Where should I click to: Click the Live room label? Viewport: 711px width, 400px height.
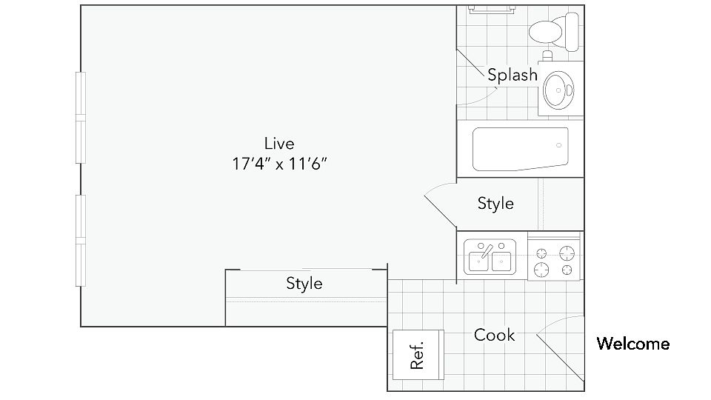279,144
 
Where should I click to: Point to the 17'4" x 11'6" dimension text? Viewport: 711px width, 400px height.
279,164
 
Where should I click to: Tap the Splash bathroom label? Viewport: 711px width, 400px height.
512,75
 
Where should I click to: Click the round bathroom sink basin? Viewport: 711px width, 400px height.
556,91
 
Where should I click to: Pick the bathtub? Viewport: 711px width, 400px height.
520,148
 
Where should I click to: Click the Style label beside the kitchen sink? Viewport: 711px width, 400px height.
495,203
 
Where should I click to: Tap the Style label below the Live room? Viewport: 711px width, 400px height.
304,283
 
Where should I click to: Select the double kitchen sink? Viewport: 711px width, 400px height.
490,257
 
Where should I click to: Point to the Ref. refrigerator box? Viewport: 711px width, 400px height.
417,355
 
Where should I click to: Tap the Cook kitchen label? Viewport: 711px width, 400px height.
494,336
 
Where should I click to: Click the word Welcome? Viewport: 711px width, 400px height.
633,344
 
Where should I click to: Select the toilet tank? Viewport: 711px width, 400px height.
571,30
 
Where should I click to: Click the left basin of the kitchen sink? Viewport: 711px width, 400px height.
478,259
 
